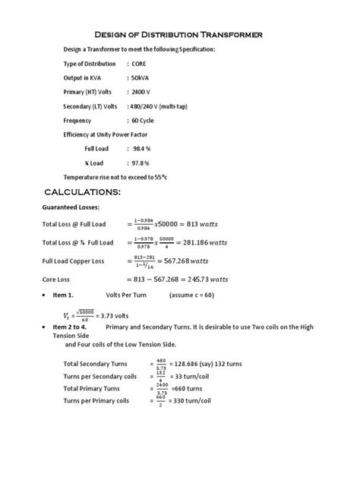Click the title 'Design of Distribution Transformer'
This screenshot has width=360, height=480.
coord(178,35)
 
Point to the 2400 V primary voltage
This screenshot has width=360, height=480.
coord(141,92)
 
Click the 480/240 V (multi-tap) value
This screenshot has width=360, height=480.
coord(167,106)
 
